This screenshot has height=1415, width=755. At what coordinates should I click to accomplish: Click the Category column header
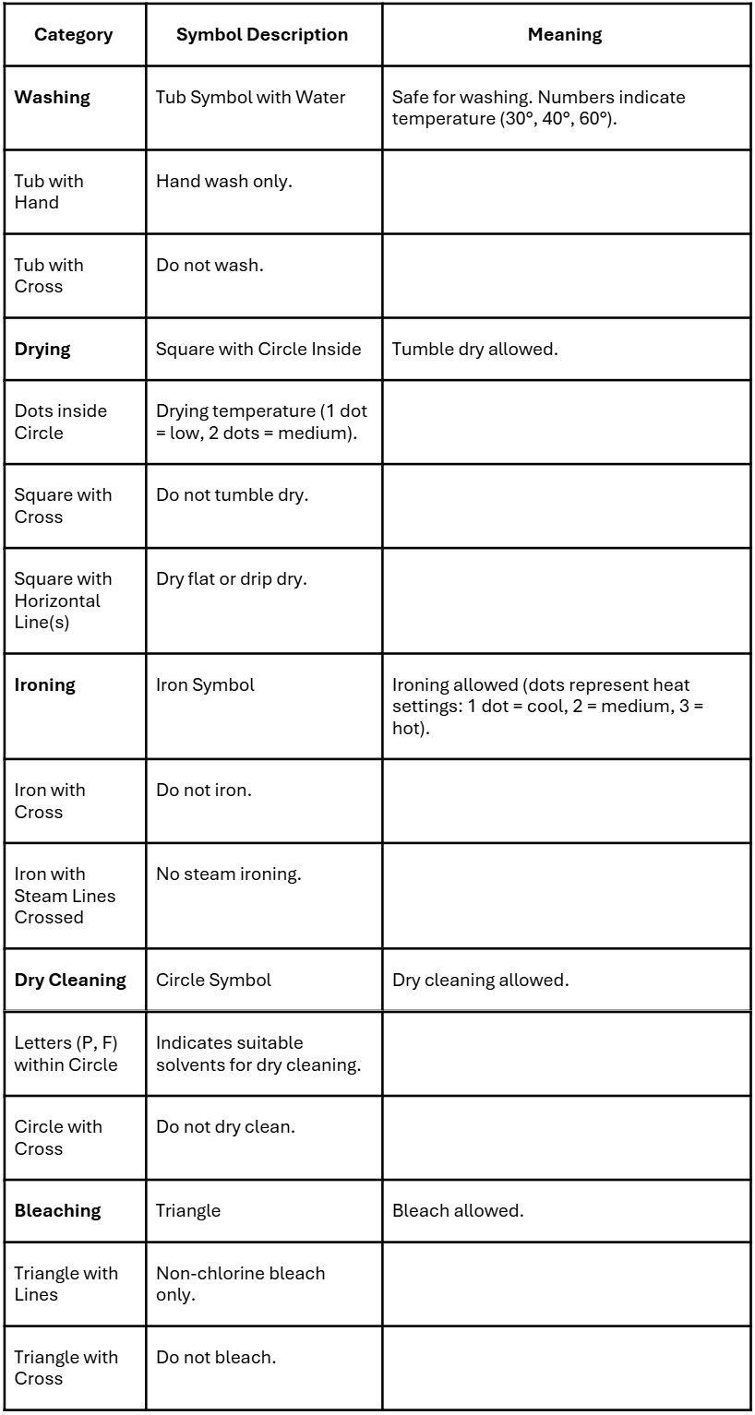(73, 36)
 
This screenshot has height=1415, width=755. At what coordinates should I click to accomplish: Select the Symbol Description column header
(263, 36)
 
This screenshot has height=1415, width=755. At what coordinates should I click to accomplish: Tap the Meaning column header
(564, 36)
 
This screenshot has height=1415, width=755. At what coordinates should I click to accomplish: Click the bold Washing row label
(53, 97)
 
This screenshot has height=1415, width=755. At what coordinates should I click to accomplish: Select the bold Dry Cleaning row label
(70, 980)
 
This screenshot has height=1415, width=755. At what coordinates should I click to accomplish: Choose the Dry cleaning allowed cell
(480, 980)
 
